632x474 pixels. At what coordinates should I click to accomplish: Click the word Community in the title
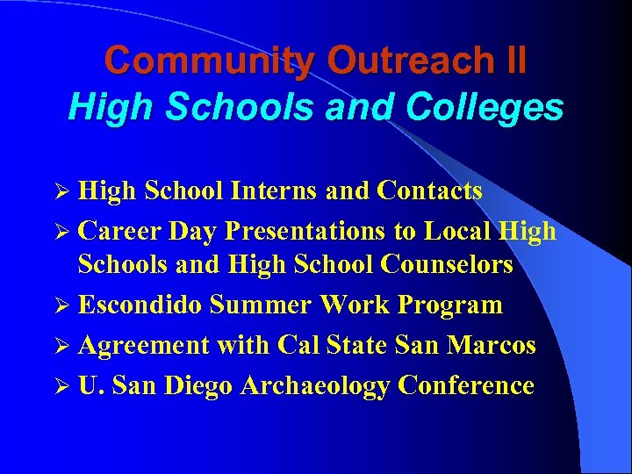click(209, 61)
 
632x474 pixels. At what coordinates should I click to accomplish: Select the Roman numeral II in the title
click(511, 61)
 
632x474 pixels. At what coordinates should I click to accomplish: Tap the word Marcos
click(492, 345)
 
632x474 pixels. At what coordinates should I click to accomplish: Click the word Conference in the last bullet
click(465, 385)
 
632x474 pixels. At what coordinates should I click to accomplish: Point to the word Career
click(120, 231)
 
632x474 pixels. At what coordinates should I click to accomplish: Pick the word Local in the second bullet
click(456, 231)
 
